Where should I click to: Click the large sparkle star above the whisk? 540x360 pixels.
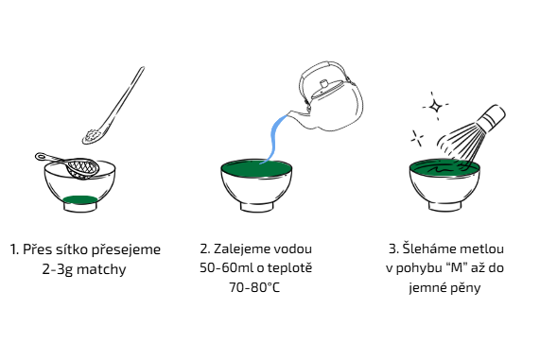436,106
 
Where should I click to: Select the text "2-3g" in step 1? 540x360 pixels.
53,269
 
